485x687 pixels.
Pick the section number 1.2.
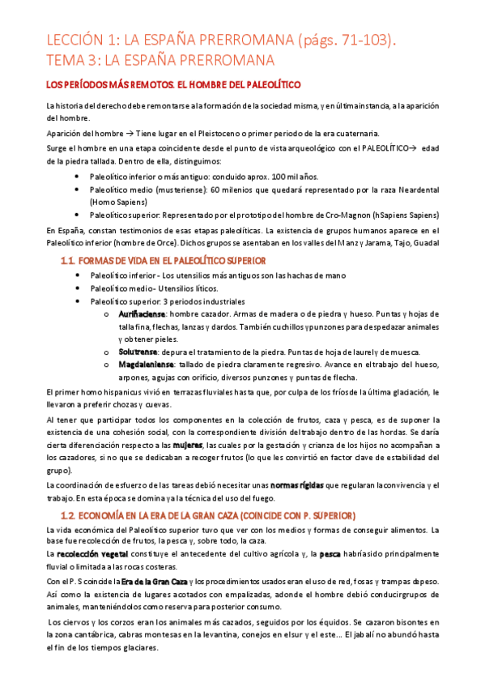[x=71, y=515]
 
